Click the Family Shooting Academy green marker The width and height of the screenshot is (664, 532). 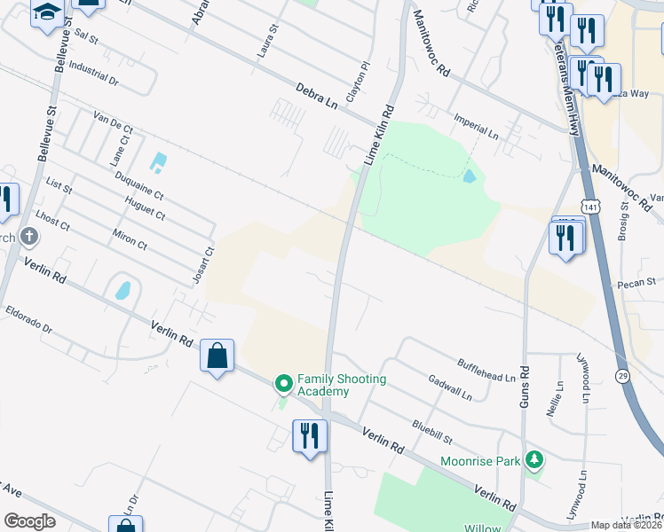coord(284,384)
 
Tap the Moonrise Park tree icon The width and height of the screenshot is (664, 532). coord(534,459)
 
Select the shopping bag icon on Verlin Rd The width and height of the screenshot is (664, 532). coord(217,356)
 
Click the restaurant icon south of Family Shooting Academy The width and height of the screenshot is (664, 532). coord(309,436)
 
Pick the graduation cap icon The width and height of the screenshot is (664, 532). coord(47,13)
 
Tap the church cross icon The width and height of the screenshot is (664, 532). coord(29,237)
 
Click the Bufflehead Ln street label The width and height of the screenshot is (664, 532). coord(486,370)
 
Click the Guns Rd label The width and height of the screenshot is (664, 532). coord(523,387)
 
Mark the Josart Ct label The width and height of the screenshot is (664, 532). coord(203,265)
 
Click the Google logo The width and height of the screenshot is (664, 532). coord(29,521)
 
